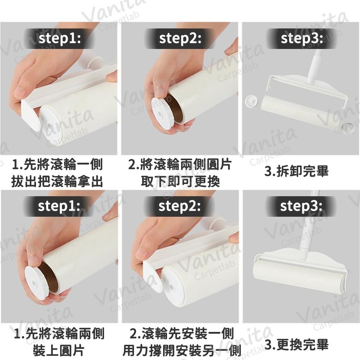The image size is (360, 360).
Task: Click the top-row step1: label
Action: tap(60, 38)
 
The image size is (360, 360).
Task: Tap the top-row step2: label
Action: tap(180, 38)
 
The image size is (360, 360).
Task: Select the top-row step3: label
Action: tap(302, 38)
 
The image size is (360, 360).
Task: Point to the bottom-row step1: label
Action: tap(59, 206)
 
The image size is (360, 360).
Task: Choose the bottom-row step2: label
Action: tap(180, 206)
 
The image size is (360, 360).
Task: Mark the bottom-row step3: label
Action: tap(301, 206)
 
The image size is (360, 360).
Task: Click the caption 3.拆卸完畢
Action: tap(297, 171)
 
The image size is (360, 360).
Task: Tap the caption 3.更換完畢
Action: tap(297, 345)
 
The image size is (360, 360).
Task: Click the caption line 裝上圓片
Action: tap(59, 350)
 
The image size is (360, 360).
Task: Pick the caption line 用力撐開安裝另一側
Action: tap(182, 350)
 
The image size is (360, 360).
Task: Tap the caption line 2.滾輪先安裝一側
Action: tap(181, 334)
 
